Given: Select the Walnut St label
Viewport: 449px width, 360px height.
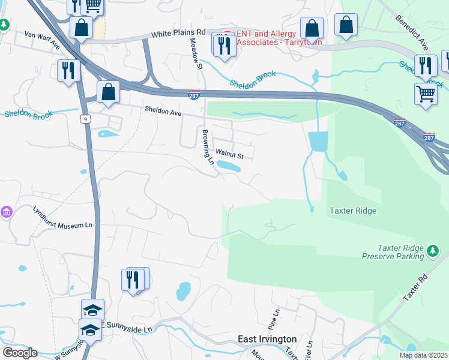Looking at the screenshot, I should click(x=229, y=155).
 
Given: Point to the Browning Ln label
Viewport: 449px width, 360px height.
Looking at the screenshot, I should click(x=207, y=147).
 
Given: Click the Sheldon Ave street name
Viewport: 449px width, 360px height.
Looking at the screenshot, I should click(x=163, y=110).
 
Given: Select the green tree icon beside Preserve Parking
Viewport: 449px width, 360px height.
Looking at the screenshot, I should click(x=432, y=253).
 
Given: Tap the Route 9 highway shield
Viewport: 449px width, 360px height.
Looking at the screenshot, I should click(x=83, y=119).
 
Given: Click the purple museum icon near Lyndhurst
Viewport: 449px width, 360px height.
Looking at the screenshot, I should click(x=7, y=212).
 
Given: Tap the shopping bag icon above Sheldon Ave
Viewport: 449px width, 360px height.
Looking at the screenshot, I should click(x=109, y=92).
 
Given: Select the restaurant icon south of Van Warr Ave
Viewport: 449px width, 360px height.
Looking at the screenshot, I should click(x=68, y=71).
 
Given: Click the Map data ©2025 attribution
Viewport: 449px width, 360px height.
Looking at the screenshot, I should click(x=423, y=355).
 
